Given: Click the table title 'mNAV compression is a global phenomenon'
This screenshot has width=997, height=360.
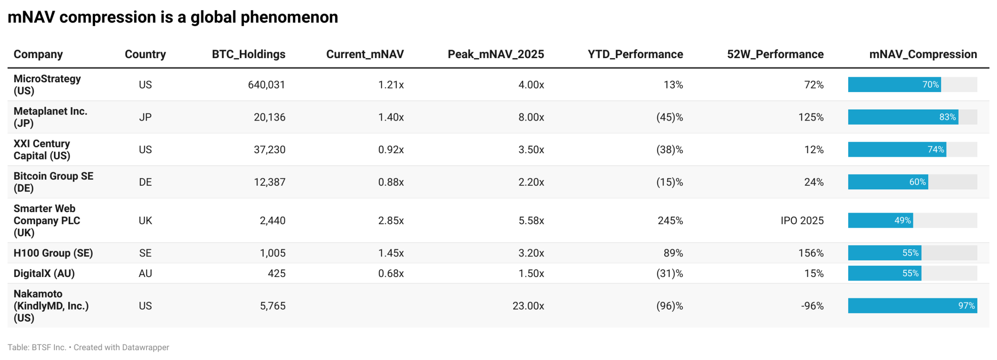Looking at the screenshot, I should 172,17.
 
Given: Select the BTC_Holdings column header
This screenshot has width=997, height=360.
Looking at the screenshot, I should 248,54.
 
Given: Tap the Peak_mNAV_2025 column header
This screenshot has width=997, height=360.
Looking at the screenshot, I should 495,54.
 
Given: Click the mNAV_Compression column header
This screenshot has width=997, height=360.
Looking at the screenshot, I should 922,54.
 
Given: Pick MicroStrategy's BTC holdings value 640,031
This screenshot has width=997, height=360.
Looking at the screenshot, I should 266,85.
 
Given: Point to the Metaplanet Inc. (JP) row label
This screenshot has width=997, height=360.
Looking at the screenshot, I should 50,117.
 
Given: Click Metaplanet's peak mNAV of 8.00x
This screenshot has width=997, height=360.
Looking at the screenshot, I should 531,117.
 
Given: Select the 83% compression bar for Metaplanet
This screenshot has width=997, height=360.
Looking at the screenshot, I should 903,117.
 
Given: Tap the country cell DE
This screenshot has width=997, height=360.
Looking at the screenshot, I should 145,182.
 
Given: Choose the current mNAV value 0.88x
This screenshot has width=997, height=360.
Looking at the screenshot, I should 391,182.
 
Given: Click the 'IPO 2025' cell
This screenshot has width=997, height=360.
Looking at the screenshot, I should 802,221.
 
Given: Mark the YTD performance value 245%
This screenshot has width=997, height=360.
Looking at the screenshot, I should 670,221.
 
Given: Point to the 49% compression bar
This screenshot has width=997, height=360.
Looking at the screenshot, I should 880,221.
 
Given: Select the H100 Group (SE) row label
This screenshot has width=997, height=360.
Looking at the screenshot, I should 53,253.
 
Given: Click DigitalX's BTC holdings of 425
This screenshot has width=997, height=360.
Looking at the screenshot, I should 276,273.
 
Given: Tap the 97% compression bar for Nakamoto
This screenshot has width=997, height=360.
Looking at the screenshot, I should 912,306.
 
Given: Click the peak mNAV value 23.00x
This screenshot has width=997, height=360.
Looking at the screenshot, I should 528,306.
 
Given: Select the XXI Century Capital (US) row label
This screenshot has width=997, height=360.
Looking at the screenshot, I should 42,150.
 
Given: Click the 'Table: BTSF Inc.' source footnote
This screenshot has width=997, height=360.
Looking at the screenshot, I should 37,347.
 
